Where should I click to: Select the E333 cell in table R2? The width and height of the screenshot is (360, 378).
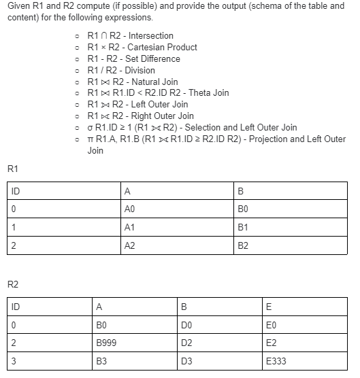pos(277,362)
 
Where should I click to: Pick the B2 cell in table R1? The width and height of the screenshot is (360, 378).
pos(244,245)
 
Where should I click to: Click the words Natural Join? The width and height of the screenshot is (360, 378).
pos(154,82)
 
